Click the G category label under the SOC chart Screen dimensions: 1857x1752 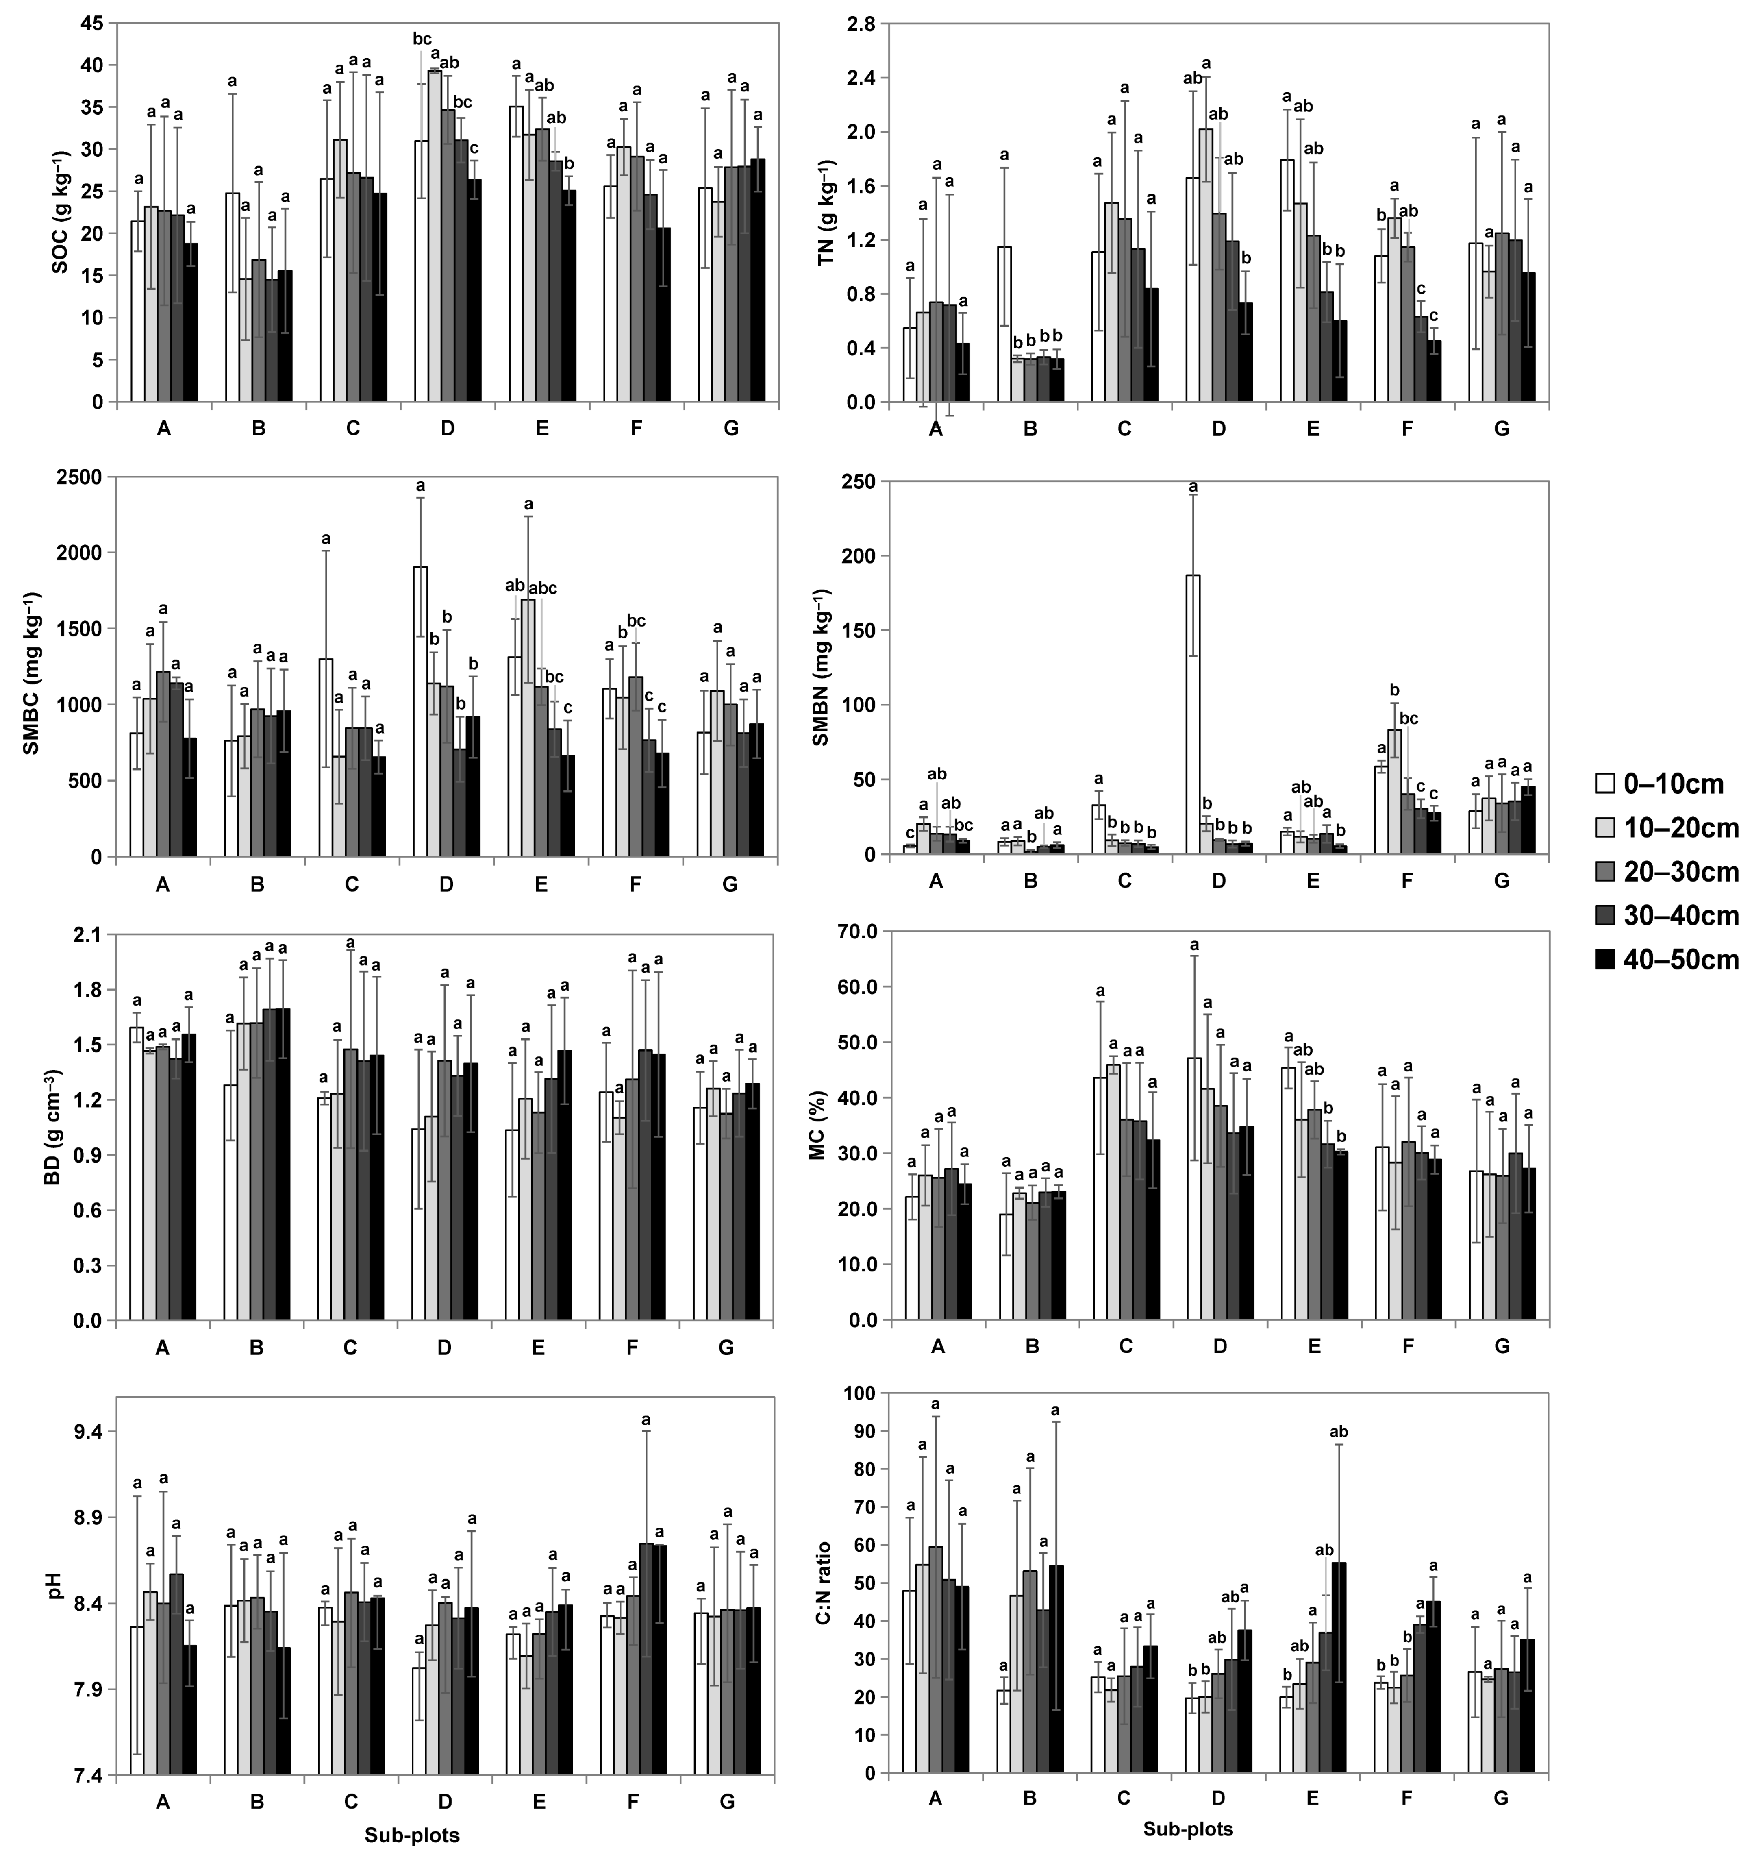tap(731, 429)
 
